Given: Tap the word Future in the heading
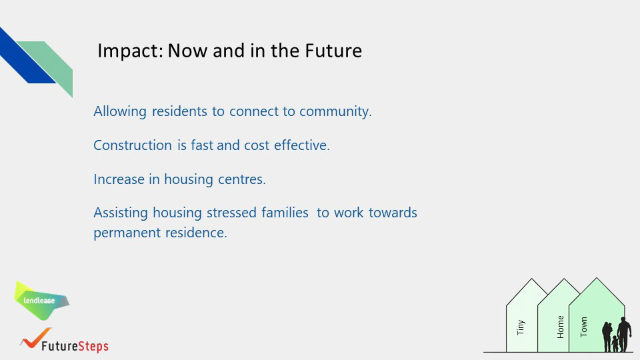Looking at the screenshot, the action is [333, 51].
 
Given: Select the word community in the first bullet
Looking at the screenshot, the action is [335, 111].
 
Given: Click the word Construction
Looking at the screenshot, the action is [133, 145].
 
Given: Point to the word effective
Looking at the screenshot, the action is [301, 145].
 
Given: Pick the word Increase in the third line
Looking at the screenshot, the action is [119, 179].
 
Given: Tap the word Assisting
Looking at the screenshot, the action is [121, 213].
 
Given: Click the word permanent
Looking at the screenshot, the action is [127, 233].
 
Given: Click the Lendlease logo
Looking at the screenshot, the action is [41, 301].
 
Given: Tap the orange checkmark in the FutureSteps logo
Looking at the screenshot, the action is [35, 338].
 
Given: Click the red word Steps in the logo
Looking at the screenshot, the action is [93, 346].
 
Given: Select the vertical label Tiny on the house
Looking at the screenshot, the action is [521, 327].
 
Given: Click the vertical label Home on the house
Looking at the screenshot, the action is [561, 327].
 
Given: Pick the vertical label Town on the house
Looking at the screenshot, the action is [584, 327].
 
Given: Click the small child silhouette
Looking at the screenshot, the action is [615, 344].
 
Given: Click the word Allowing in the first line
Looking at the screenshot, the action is [120, 111].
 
